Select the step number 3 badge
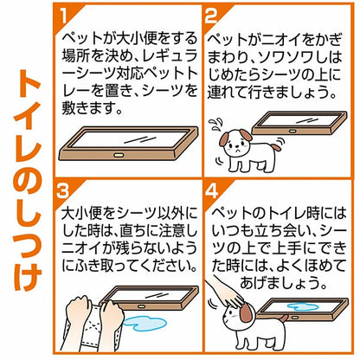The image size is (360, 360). pos(63,191)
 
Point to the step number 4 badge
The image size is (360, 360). pos(212,191)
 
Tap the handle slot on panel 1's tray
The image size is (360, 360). pos(119,155)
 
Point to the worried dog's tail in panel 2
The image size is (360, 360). pos(276,147)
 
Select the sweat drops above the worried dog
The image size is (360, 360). pos(215,125)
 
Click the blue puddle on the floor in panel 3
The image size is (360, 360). pos(142,323)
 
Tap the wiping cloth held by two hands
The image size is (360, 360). pos(93,326)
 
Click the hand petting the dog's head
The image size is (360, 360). pos(225,291)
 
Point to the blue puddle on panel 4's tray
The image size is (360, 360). pos(302,306)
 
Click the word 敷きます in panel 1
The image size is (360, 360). pos(88,108)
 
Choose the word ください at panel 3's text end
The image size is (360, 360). pos(168,266)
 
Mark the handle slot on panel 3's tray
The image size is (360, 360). pos(142,306)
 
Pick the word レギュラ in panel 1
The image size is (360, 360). pos(168,56)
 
